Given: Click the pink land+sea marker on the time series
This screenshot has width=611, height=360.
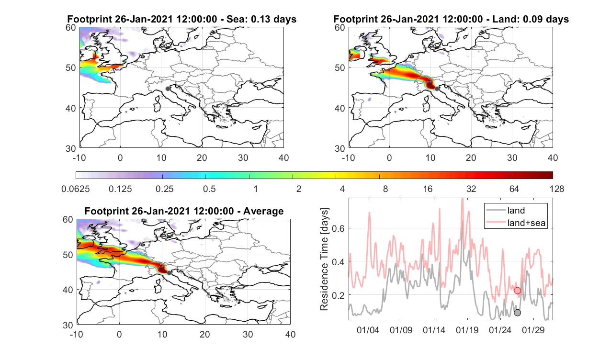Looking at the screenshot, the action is click(x=517, y=291).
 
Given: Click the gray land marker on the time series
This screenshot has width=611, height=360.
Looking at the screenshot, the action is click(x=517, y=313).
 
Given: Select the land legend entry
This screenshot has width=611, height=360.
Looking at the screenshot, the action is click(x=516, y=210).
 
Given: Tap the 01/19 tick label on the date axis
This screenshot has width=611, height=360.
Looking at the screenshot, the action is click(x=467, y=330).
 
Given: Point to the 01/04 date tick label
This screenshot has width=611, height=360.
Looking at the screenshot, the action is click(x=368, y=330).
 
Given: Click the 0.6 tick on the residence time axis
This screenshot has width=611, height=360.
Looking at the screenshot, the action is click(x=338, y=228).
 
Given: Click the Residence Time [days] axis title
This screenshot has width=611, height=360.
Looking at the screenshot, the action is click(x=324, y=259).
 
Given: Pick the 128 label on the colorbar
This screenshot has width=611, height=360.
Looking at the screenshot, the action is click(x=557, y=189).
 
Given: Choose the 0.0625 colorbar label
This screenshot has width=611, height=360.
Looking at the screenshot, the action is click(x=76, y=189).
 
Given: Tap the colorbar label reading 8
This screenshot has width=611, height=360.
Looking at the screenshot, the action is click(x=385, y=189).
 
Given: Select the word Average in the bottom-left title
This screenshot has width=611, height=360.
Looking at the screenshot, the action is click(x=263, y=211).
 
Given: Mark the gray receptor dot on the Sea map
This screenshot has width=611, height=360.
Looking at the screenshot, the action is click(x=168, y=89).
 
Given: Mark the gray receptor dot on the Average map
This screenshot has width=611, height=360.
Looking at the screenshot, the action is click(x=169, y=273).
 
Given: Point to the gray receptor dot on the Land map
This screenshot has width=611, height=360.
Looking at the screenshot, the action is click(x=437, y=89).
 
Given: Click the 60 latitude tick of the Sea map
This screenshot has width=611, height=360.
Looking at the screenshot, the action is click(x=71, y=28).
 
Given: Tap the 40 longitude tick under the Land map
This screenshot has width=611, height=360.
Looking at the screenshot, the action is click(x=553, y=157).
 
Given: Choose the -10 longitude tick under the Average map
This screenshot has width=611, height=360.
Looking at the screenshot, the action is click(x=77, y=334).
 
